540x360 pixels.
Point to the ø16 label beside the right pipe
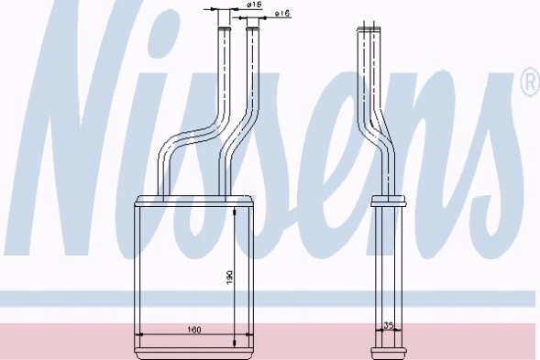pyautogui.click(x=282, y=14)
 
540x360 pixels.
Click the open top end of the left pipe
pyautogui.click(x=224, y=30)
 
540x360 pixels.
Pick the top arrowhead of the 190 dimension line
pyautogui.click(x=237, y=210)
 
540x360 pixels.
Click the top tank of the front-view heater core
pyautogui.click(x=195, y=201)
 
